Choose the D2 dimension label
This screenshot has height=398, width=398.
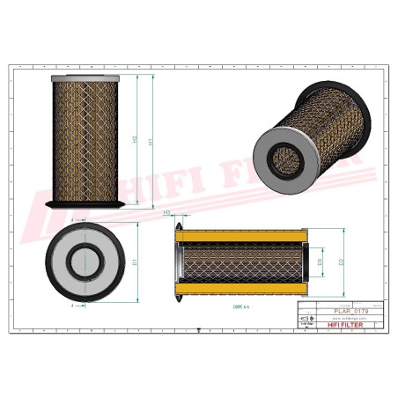pyautogui.click(x=342, y=262)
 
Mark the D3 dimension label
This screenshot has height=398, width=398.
pyautogui.click(x=321, y=262)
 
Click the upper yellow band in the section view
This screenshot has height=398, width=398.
pyautogui.click(x=242, y=235)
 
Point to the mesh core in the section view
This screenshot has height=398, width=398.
pyautogui.click(x=242, y=262)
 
